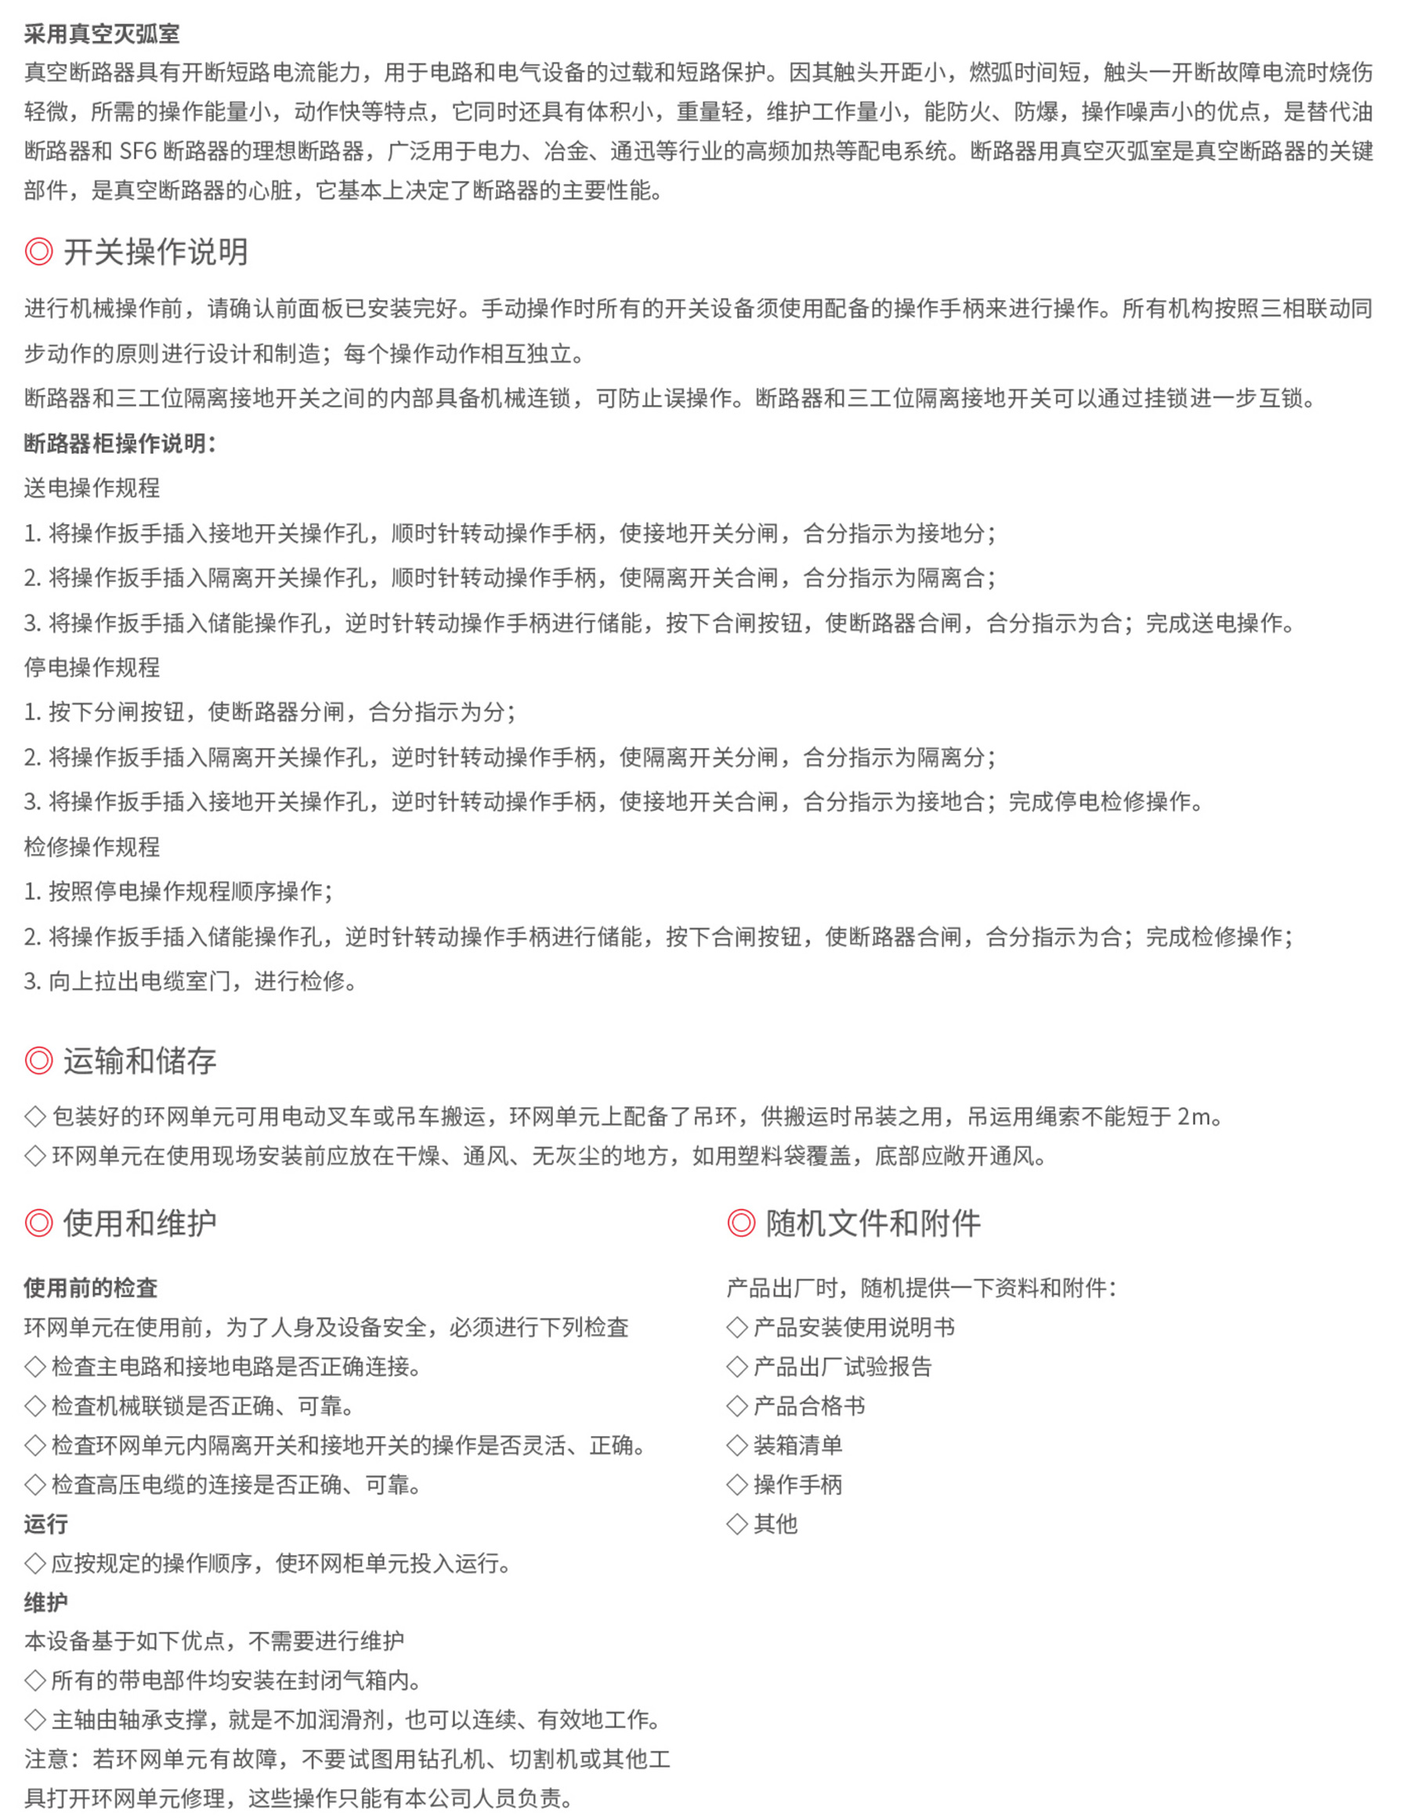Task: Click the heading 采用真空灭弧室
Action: click(102, 34)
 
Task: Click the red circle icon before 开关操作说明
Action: click(38, 251)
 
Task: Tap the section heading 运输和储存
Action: click(139, 1060)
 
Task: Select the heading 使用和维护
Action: click(139, 1222)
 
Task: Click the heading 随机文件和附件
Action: click(873, 1222)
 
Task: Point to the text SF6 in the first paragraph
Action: click(139, 152)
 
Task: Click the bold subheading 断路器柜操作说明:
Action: click(120, 443)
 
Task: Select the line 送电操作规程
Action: click(92, 488)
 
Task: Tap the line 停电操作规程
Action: click(92, 668)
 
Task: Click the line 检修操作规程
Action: click(92, 847)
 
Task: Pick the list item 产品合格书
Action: click(808, 1406)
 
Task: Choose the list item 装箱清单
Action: click(797, 1445)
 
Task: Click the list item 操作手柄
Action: click(797, 1484)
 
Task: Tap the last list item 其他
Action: click(775, 1523)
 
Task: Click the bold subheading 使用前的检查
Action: click(91, 1287)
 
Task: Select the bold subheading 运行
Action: click(46, 1523)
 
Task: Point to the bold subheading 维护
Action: click(46, 1601)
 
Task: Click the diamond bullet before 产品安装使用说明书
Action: click(736, 1327)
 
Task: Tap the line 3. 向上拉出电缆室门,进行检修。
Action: click(191, 981)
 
